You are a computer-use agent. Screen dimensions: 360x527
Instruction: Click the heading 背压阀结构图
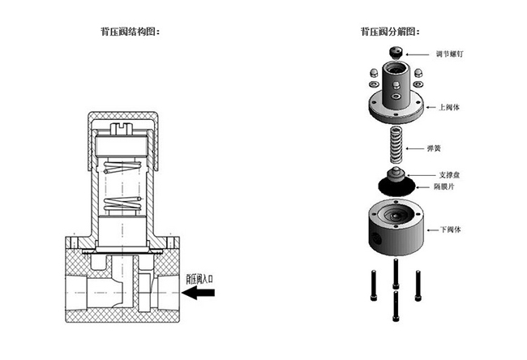click(129, 32)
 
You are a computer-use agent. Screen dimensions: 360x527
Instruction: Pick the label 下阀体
click(451, 229)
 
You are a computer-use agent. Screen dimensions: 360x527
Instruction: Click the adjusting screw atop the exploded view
click(396, 54)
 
